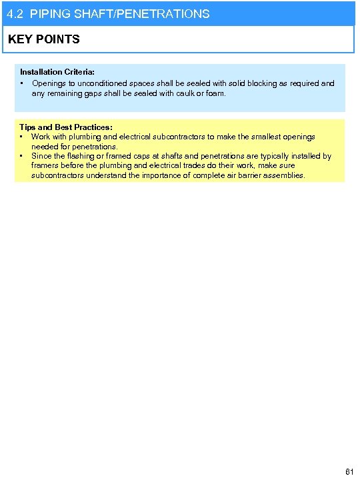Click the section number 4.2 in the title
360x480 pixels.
click(15, 14)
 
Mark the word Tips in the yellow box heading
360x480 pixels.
click(28, 127)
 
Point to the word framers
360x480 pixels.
click(45, 166)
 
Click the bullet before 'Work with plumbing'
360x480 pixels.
click(22, 137)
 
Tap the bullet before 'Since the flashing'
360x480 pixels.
click(22, 156)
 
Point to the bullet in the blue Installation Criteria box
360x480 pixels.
click(23, 83)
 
